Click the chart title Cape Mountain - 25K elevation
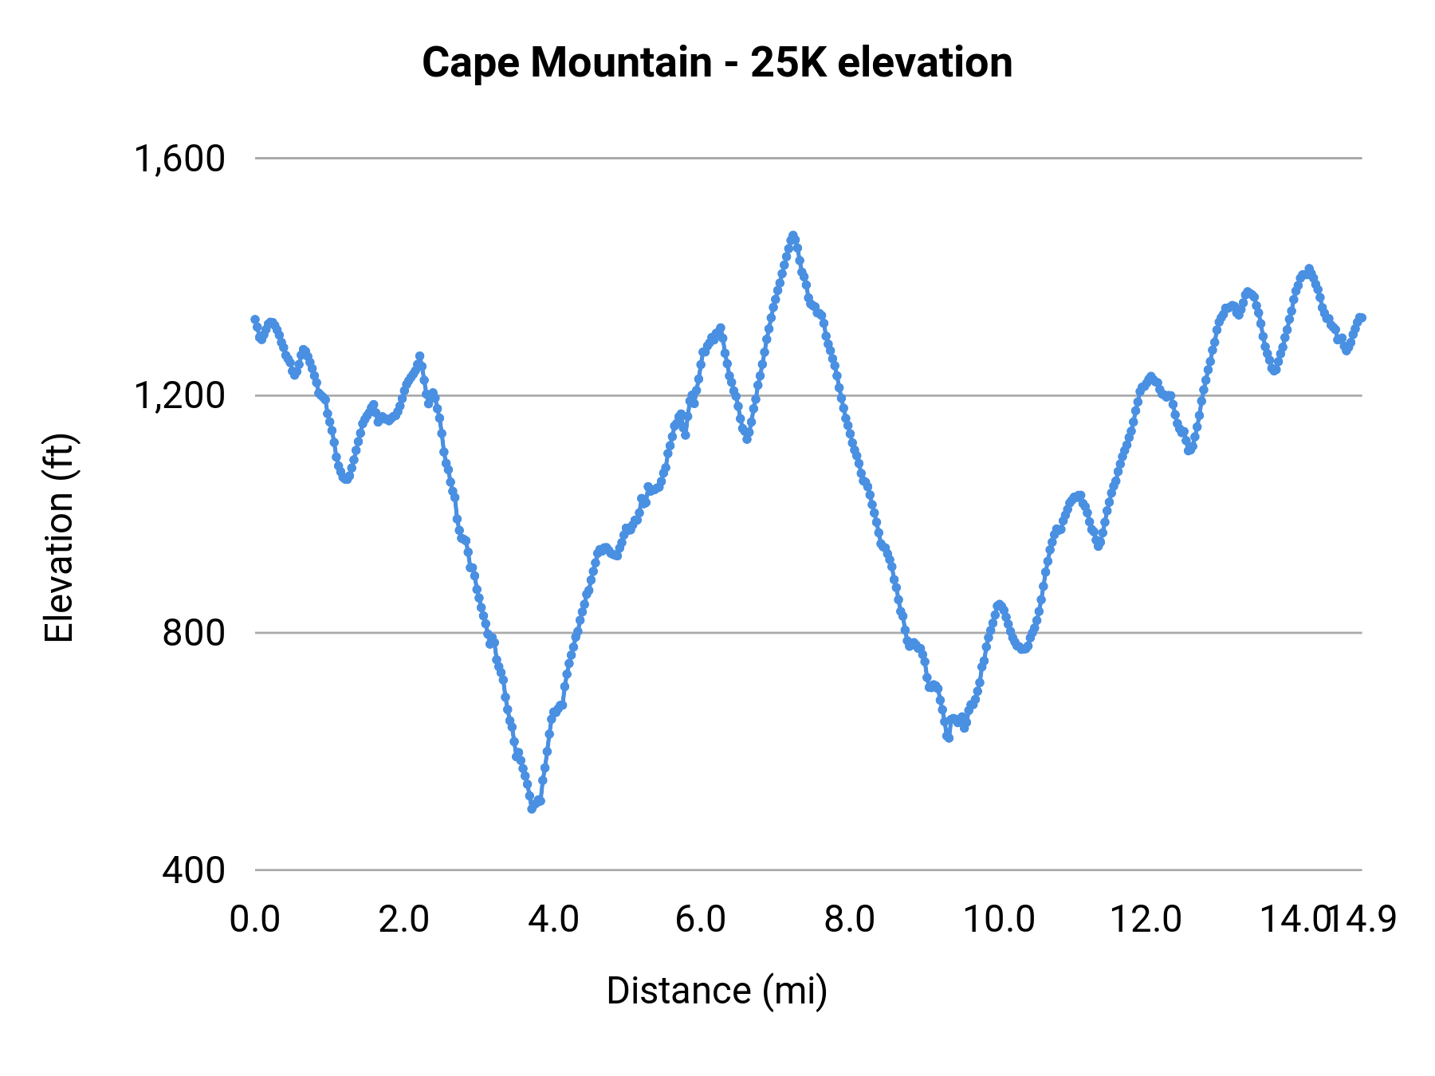(717, 63)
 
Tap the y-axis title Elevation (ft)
(59, 538)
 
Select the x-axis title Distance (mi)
(717, 991)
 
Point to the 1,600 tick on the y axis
(179, 159)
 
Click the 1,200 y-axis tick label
(179, 395)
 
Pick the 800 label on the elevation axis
(194, 633)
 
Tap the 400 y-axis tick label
(194, 870)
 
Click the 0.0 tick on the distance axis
(255, 919)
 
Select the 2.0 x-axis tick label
(403, 919)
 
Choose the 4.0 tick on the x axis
(553, 919)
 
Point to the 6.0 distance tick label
(701, 919)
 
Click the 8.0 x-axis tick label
(850, 919)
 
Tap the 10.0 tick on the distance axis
(999, 919)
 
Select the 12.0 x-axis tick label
(1146, 919)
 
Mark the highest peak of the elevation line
(792, 236)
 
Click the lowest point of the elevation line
(532, 809)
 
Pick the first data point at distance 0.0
(255, 320)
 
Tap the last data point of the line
(1362, 318)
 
